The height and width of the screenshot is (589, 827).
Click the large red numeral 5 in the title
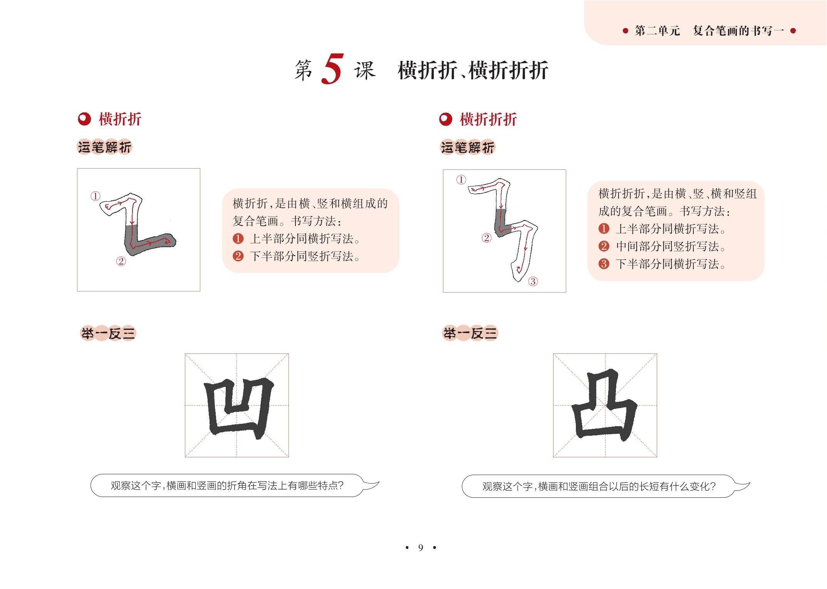(332, 69)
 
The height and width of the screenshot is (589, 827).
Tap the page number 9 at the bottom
(421, 547)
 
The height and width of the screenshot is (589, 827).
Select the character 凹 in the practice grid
(239, 407)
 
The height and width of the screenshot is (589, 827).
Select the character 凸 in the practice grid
(604, 405)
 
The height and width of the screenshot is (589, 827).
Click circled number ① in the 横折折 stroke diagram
(96, 196)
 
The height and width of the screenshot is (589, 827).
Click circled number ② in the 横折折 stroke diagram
(121, 261)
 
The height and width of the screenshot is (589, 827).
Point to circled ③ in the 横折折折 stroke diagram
(533, 281)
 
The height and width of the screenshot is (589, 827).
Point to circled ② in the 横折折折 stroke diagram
(486, 238)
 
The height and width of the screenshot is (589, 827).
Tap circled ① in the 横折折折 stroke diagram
(461, 180)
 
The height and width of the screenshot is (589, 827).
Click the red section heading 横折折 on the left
(120, 119)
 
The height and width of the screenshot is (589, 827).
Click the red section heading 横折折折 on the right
(488, 119)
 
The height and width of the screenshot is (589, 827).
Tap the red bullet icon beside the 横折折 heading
(84, 119)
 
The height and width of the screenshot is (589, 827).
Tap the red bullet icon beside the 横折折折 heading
(446, 119)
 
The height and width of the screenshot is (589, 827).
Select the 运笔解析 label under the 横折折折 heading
(468, 147)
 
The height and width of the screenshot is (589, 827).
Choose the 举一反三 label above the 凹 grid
(108, 333)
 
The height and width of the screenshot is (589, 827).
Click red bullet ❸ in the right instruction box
(604, 264)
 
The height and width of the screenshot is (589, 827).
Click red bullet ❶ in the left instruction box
(238, 239)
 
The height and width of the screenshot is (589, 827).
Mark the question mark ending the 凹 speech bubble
(340, 486)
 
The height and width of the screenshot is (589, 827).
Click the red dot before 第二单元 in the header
(626, 31)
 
